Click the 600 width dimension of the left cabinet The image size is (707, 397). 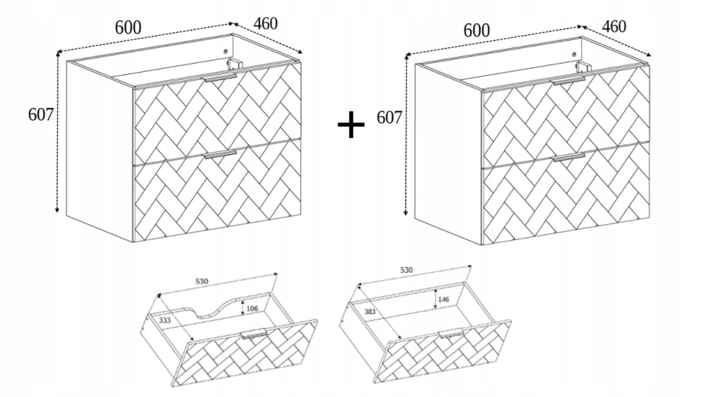(x=128, y=28)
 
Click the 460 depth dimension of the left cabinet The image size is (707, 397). (x=265, y=24)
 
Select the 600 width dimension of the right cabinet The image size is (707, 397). (x=477, y=31)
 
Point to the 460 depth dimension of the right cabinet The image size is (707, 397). (x=614, y=27)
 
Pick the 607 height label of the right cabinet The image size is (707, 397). (x=389, y=117)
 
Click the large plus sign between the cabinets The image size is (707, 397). (x=351, y=125)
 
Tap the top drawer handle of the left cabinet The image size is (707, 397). (x=220, y=78)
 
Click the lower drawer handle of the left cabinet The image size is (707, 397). (x=220, y=154)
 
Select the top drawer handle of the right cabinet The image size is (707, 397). (x=569, y=81)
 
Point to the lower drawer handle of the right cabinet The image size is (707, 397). (x=569, y=157)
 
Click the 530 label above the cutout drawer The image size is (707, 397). (x=201, y=281)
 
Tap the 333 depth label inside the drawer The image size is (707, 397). (x=164, y=320)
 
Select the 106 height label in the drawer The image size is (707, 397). (x=252, y=308)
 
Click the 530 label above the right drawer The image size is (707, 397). (x=406, y=270)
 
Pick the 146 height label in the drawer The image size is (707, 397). (x=444, y=299)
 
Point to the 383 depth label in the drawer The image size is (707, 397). (x=370, y=312)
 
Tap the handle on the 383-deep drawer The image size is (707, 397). (x=451, y=333)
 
